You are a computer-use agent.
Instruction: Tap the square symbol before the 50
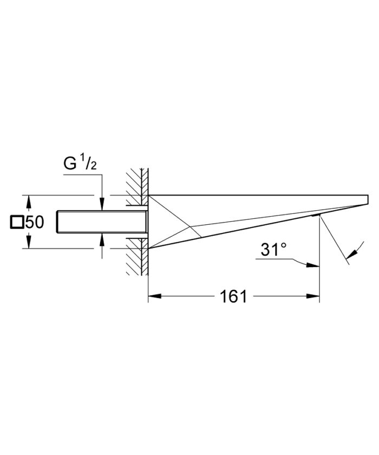pyautogui.click(x=17, y=222)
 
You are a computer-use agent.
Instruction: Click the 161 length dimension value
pyautogui.click(x=234, y=296)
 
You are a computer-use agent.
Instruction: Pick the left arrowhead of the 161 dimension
pyautogui.click(x=153, y=296)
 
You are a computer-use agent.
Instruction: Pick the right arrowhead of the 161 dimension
pyautogui.click(x=314, y=296)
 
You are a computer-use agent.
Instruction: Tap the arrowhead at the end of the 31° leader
pyautogui.click(x=313, y=265)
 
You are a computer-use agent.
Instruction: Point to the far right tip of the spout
pyautogui.click(x=368, y=199)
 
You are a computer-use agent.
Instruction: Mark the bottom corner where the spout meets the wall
pyautogui.click(x=148, y=249)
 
